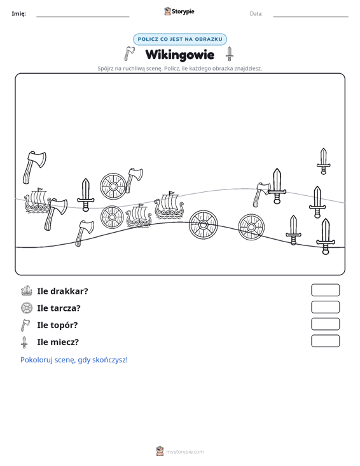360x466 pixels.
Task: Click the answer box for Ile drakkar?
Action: coord(325,290)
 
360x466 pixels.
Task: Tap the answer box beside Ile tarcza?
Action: coord(325,307)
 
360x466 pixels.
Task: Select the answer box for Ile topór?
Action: coord(325,324)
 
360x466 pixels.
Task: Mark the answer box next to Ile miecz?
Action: coord(325,341)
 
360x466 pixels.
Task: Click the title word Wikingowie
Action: coord(179,55)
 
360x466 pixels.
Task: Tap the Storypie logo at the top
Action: coord(179,11)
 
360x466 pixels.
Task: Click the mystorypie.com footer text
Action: coord(184,452)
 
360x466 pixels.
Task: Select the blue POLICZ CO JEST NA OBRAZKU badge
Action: coord(180,39)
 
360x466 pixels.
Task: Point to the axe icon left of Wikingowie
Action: coord(129,53)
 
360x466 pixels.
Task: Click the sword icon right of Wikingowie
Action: coord(229,54)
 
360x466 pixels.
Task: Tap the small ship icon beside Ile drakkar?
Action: coord(27,291)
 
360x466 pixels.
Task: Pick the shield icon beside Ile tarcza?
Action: coord(27,308)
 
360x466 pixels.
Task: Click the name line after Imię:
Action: coord(83,17)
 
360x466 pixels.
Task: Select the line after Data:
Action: coord(310,17)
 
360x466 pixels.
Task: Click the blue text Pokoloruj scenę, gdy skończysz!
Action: coord(74,360)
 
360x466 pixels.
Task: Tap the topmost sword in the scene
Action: coord(323,161)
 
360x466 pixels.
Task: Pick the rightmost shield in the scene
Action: coord(251,228)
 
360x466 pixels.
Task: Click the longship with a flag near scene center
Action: coord(169,205)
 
